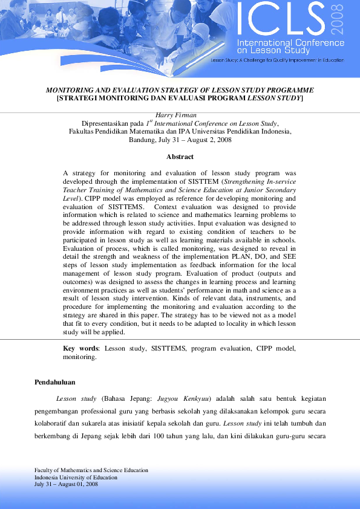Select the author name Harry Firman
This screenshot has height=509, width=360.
[x=180, y=115]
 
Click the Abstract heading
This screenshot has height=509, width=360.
[x=180, y=157]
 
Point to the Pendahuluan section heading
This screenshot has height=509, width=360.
[x=54, y=383]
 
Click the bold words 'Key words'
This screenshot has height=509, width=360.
[x=80, y=349]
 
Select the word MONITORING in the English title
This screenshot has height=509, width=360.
[x=76, y=89]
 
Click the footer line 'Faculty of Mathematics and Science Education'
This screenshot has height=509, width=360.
[x=91, y=470]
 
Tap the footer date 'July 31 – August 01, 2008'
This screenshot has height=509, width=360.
[x=67, y=484]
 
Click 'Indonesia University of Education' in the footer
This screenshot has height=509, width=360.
[x=76, y=478]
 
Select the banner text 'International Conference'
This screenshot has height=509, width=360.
[x=290, y=44]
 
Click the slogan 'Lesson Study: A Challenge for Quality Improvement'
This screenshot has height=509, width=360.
[x=275, y=60]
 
